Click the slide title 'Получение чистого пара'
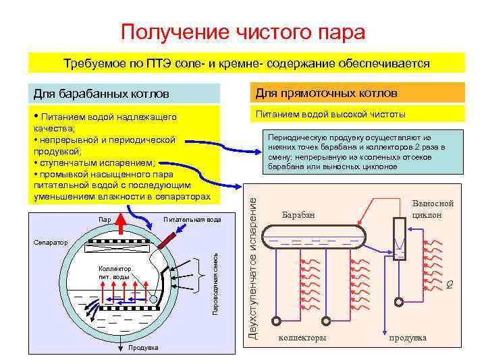tap(243, 32)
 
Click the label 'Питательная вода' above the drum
tap(192, 220)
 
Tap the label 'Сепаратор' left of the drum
tap(47, 241)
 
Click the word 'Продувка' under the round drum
tap(142, 348)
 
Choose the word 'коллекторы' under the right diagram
tap(302, 337)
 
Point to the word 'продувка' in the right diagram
tap(408, 337)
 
